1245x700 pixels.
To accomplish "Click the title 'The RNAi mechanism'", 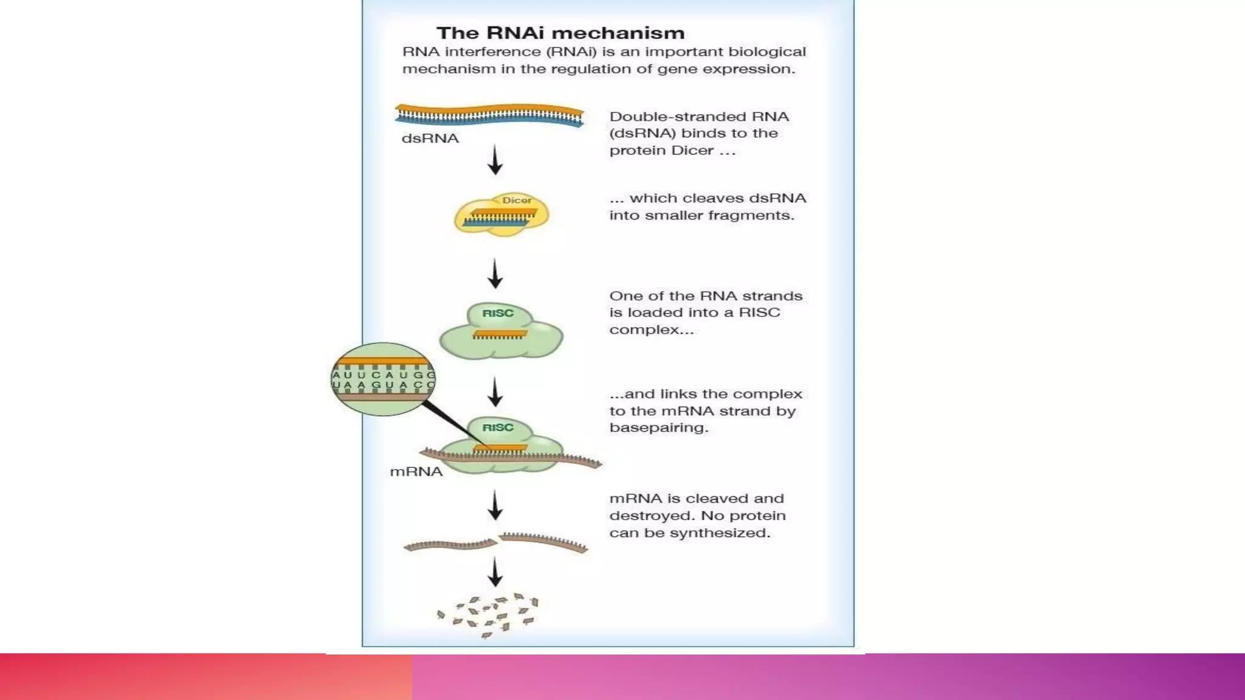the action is (560, 33).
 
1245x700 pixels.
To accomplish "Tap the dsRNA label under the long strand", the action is (430, 139).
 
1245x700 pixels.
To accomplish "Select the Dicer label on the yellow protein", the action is (517, 200).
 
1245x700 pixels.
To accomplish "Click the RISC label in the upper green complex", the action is (498, 313).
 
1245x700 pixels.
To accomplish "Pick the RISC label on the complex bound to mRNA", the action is (498, 427).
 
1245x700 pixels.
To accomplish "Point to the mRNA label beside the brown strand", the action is (416, 472).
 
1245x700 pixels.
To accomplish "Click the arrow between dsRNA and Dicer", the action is (495, 160).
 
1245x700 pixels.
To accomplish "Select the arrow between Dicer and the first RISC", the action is (495, 273).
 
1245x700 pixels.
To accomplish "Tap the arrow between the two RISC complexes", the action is (495, 392).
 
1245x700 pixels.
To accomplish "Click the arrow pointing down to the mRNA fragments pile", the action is (495, 572).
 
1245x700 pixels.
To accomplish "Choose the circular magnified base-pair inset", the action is (383, 379).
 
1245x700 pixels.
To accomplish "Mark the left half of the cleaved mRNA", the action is (450, 545).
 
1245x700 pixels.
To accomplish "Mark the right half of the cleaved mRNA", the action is (543, 541).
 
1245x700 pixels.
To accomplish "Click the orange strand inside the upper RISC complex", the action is (500, 334).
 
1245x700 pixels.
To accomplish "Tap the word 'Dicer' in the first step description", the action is (692, 151).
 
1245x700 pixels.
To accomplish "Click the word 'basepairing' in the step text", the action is (658, 428).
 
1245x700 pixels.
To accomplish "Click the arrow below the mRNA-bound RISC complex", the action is (495, 506).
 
